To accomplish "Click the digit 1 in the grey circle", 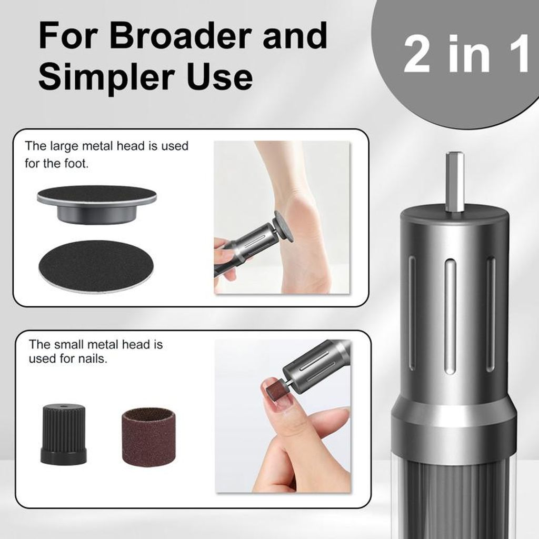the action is (519, 54).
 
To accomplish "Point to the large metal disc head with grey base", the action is (97, 205).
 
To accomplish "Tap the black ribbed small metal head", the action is (63, 434).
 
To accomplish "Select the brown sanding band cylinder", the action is (148, 436).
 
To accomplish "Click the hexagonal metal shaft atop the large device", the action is (454, 182).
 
